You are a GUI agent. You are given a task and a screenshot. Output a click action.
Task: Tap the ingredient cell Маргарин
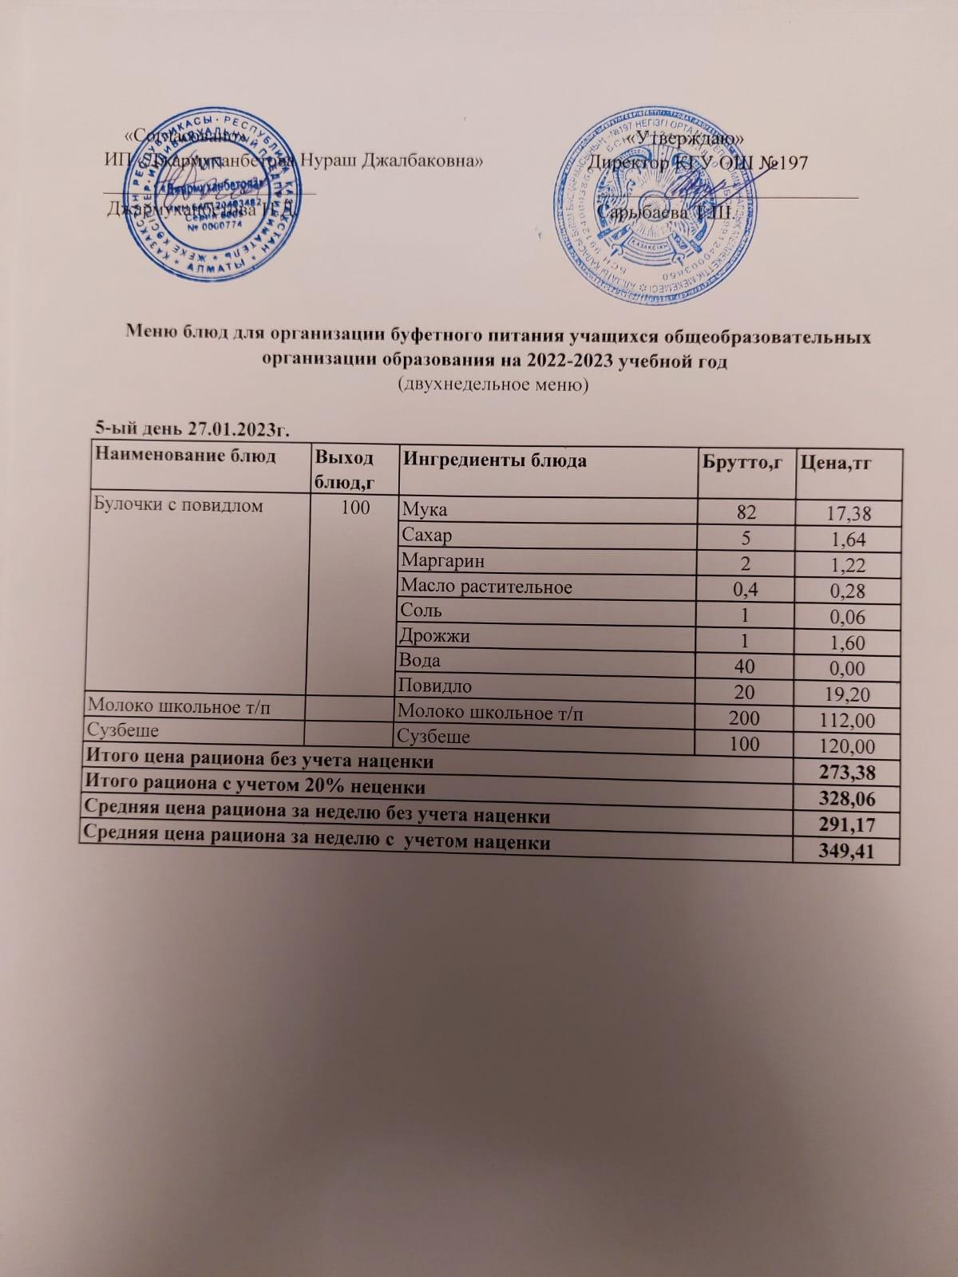[444, 561]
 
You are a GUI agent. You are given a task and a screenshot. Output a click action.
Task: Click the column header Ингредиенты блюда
[495, 461]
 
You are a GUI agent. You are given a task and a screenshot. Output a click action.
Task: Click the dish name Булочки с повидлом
[178, 505]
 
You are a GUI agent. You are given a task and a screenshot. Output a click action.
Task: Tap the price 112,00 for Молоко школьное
[848, 722]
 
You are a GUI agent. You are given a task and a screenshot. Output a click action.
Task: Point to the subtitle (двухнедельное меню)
[493, 385]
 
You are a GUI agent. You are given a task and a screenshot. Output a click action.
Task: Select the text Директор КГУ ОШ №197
[696, 163]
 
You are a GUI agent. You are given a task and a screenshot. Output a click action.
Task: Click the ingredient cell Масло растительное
[487, 587]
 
